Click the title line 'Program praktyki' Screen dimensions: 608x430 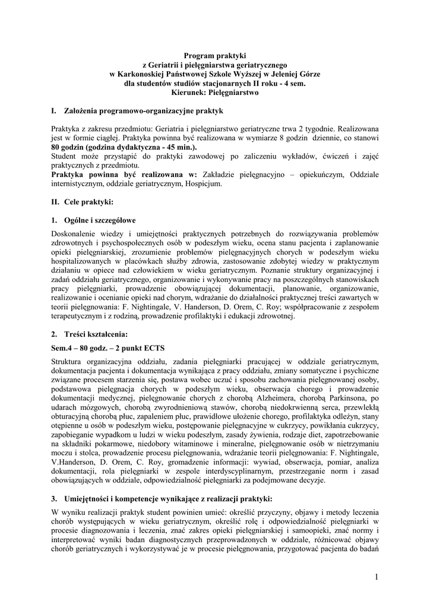(x=214, y=55)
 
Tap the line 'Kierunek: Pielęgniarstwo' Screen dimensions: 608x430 (x=214, y=93)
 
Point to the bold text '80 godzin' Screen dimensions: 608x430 (x=67, y=147)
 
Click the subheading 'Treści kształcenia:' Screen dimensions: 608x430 (x=94, y=334)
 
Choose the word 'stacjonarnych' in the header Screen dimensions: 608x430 (x=217, y=84)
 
